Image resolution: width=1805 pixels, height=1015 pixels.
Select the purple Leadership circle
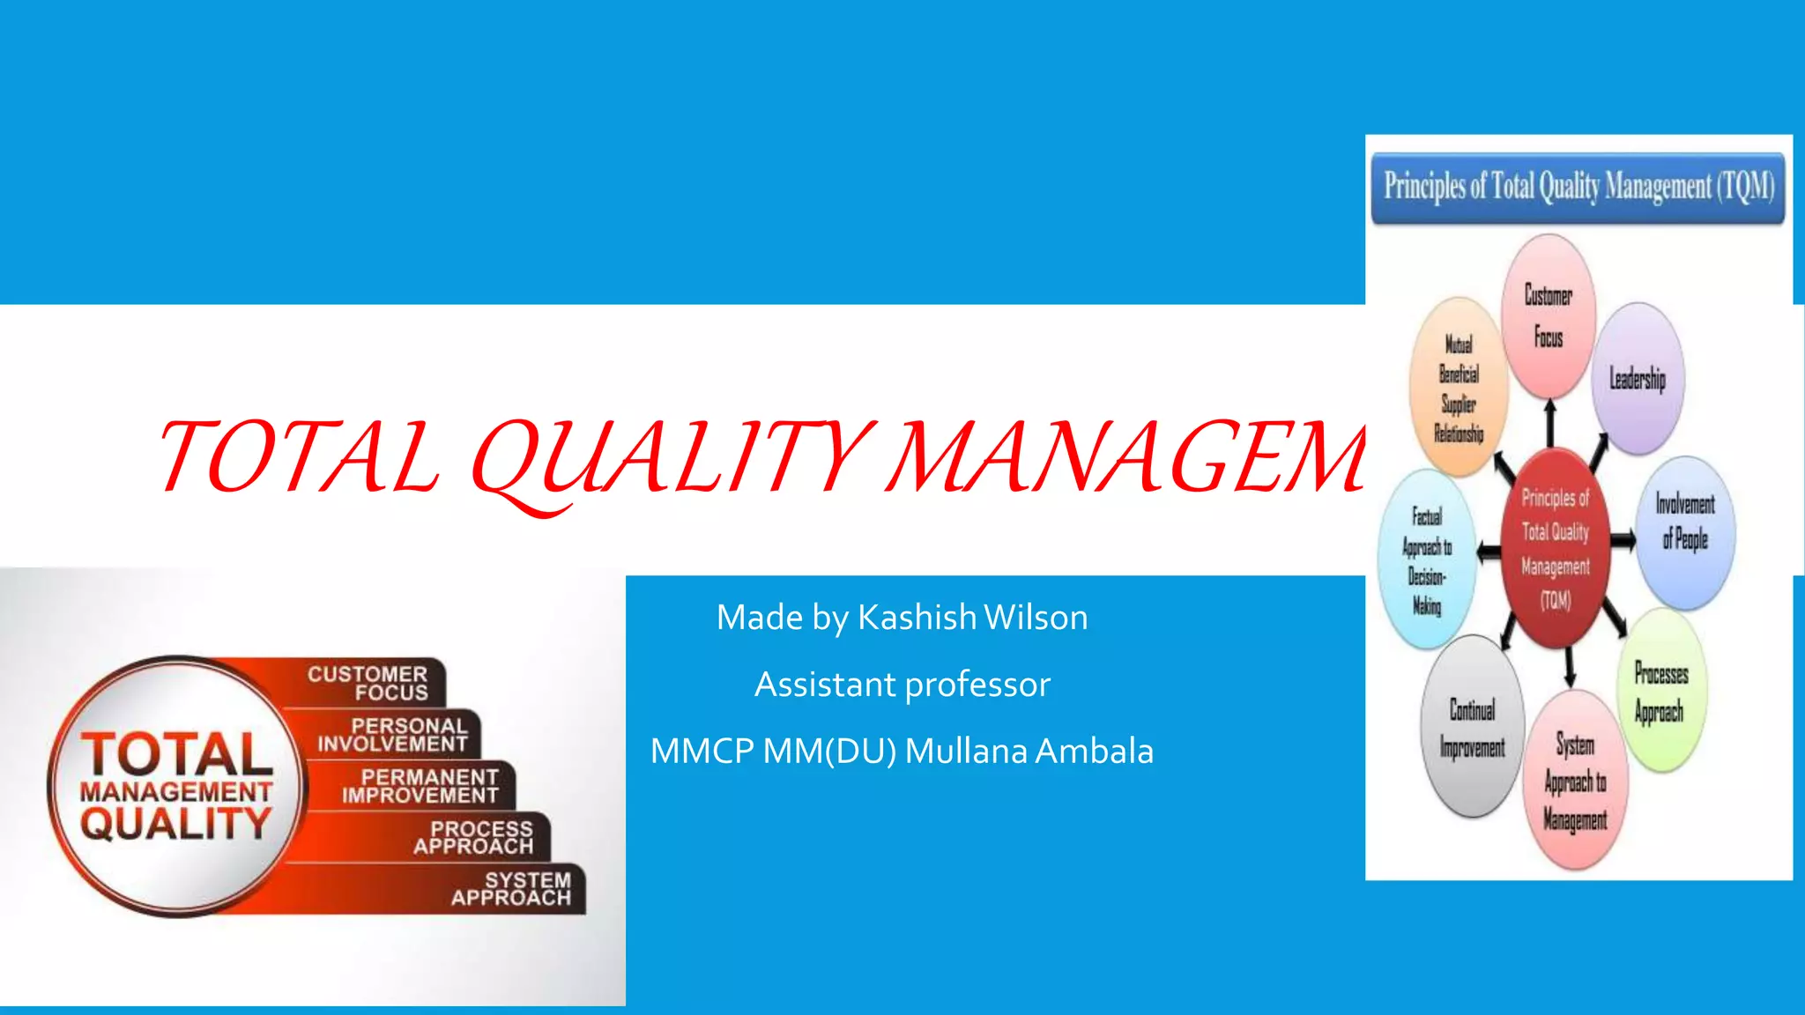point(1638,379)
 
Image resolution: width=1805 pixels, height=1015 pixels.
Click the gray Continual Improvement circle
point(1472,728)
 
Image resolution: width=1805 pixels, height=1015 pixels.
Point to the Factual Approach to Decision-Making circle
point(1427,560)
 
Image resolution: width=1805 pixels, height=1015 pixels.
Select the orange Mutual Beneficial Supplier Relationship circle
point(1459,388)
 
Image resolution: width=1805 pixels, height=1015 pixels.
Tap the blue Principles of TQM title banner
point(1578,187)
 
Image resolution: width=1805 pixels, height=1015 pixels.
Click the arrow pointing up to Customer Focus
point(1550,422)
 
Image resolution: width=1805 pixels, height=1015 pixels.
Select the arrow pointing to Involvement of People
point(1623,539)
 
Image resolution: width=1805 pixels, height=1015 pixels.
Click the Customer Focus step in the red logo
point(368,683)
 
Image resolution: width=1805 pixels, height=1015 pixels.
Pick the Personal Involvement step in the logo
point(393,735)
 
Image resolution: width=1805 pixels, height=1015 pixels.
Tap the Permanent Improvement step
point(421,786)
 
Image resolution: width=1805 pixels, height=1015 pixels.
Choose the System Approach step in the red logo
point(511,889)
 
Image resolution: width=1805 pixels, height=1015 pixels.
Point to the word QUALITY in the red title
point(674,458)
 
